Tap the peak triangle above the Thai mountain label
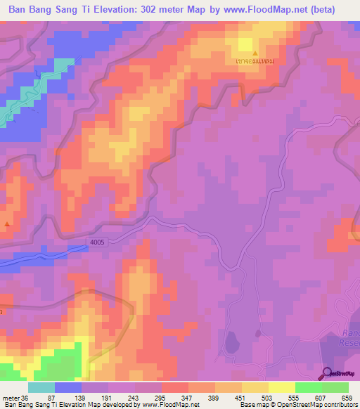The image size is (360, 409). pyautogui.click(x=255, y=53)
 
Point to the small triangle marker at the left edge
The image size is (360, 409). pyautogui.click(x=8, y=224)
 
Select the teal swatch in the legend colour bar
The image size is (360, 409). pyautogui.click(x=41, y=387)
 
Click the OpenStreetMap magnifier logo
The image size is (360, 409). pyautogui.click(x=327, y=372)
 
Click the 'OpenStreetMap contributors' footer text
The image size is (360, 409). pyautogui.click(x=321, y=405)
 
